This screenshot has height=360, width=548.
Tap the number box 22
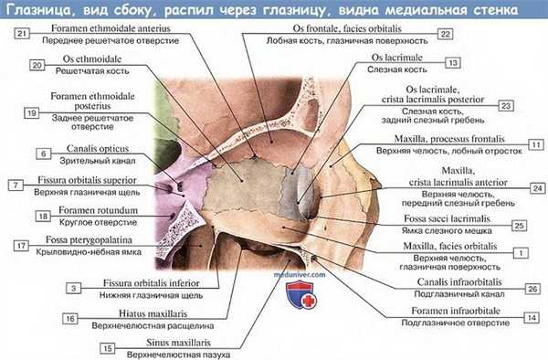point(445,33)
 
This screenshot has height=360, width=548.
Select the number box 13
point(453,63)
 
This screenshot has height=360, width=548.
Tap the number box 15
point(107,347)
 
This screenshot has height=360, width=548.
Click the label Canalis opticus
point(90,147)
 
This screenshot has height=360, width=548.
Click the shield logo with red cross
point(300,294)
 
